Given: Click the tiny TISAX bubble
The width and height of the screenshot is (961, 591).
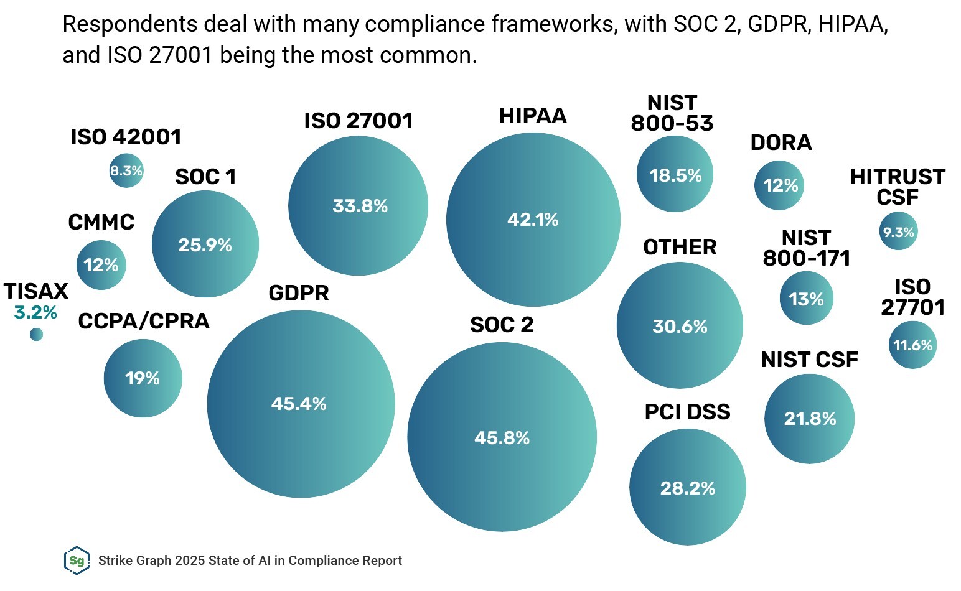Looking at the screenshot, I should pyautogui.click(x=37, y=335).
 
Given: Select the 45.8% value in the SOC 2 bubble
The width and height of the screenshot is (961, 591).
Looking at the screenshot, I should pyautogui.click(x=502, y=438).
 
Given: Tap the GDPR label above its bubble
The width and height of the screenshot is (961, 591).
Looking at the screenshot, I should pyautogui.click(x=299, y=293).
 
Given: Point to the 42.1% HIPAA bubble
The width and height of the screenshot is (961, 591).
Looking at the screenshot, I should pyautogui.click(x=533, y=220).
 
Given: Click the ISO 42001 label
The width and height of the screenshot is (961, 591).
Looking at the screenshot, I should pyautogui.click(x=126, y=137).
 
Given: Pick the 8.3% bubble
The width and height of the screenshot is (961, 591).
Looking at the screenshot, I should pyautogui.click(x=126, y=170).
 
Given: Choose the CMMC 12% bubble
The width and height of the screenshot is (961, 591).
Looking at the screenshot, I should pyautogui.click(x=101, y=266).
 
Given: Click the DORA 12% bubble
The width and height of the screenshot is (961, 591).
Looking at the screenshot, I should pyautogui.click(x=780, y=185).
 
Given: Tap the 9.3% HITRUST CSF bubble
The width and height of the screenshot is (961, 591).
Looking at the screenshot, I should pyautogui.click(x=898, y=232).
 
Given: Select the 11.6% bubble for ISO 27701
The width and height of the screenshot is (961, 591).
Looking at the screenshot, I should pyautogui.click(x=912, y=345).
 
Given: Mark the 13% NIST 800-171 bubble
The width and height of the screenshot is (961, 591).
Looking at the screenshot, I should pyautogui.click(x=806, y=299).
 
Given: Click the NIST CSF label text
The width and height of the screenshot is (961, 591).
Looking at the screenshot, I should pyautogui.click(x=809, y=360).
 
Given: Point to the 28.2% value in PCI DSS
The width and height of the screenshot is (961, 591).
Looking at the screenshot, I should pyautogui.click(x=687, y=488).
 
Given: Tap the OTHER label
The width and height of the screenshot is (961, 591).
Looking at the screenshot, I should pyautogui.click(x=680, y=247).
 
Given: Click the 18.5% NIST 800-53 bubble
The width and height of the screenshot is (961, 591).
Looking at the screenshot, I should pyautogui.click(x=675, y=175).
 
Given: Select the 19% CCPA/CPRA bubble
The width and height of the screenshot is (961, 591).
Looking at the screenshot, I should pyautogui.click(x=143, y=378).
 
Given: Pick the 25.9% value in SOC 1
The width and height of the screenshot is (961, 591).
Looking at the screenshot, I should pyautogui.click(x=205, y=245).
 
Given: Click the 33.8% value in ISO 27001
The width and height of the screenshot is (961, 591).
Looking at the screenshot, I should pyautogui.click(x=360, y=206).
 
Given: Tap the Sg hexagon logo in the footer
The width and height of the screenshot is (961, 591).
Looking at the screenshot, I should pyautogui.click(x=77, y=561).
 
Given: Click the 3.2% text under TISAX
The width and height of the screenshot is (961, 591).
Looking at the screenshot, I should pyautogui.click(x=35, y=312).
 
